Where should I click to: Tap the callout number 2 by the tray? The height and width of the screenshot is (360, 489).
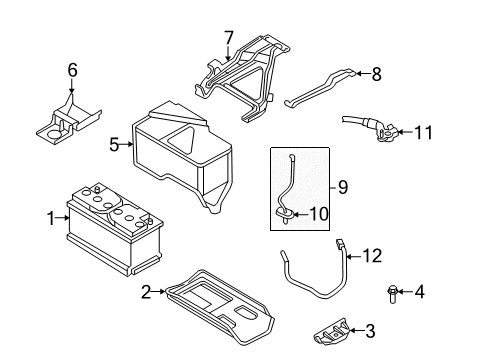146,291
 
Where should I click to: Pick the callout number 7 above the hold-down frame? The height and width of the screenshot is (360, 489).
228,38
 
